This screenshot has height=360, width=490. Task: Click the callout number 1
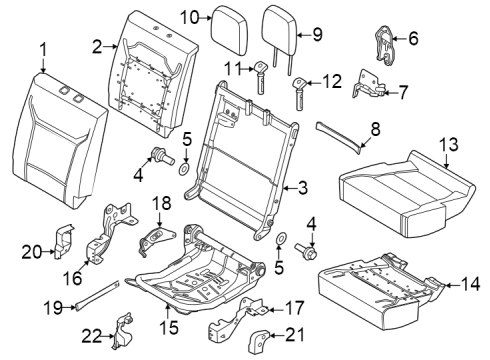click(43, 49)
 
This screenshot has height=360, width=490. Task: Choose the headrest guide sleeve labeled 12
click(298, 97)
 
